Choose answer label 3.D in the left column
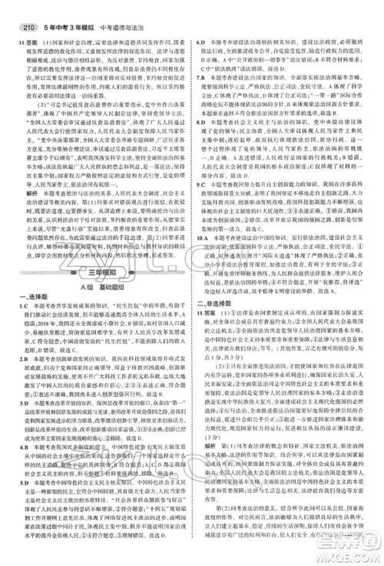18,443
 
